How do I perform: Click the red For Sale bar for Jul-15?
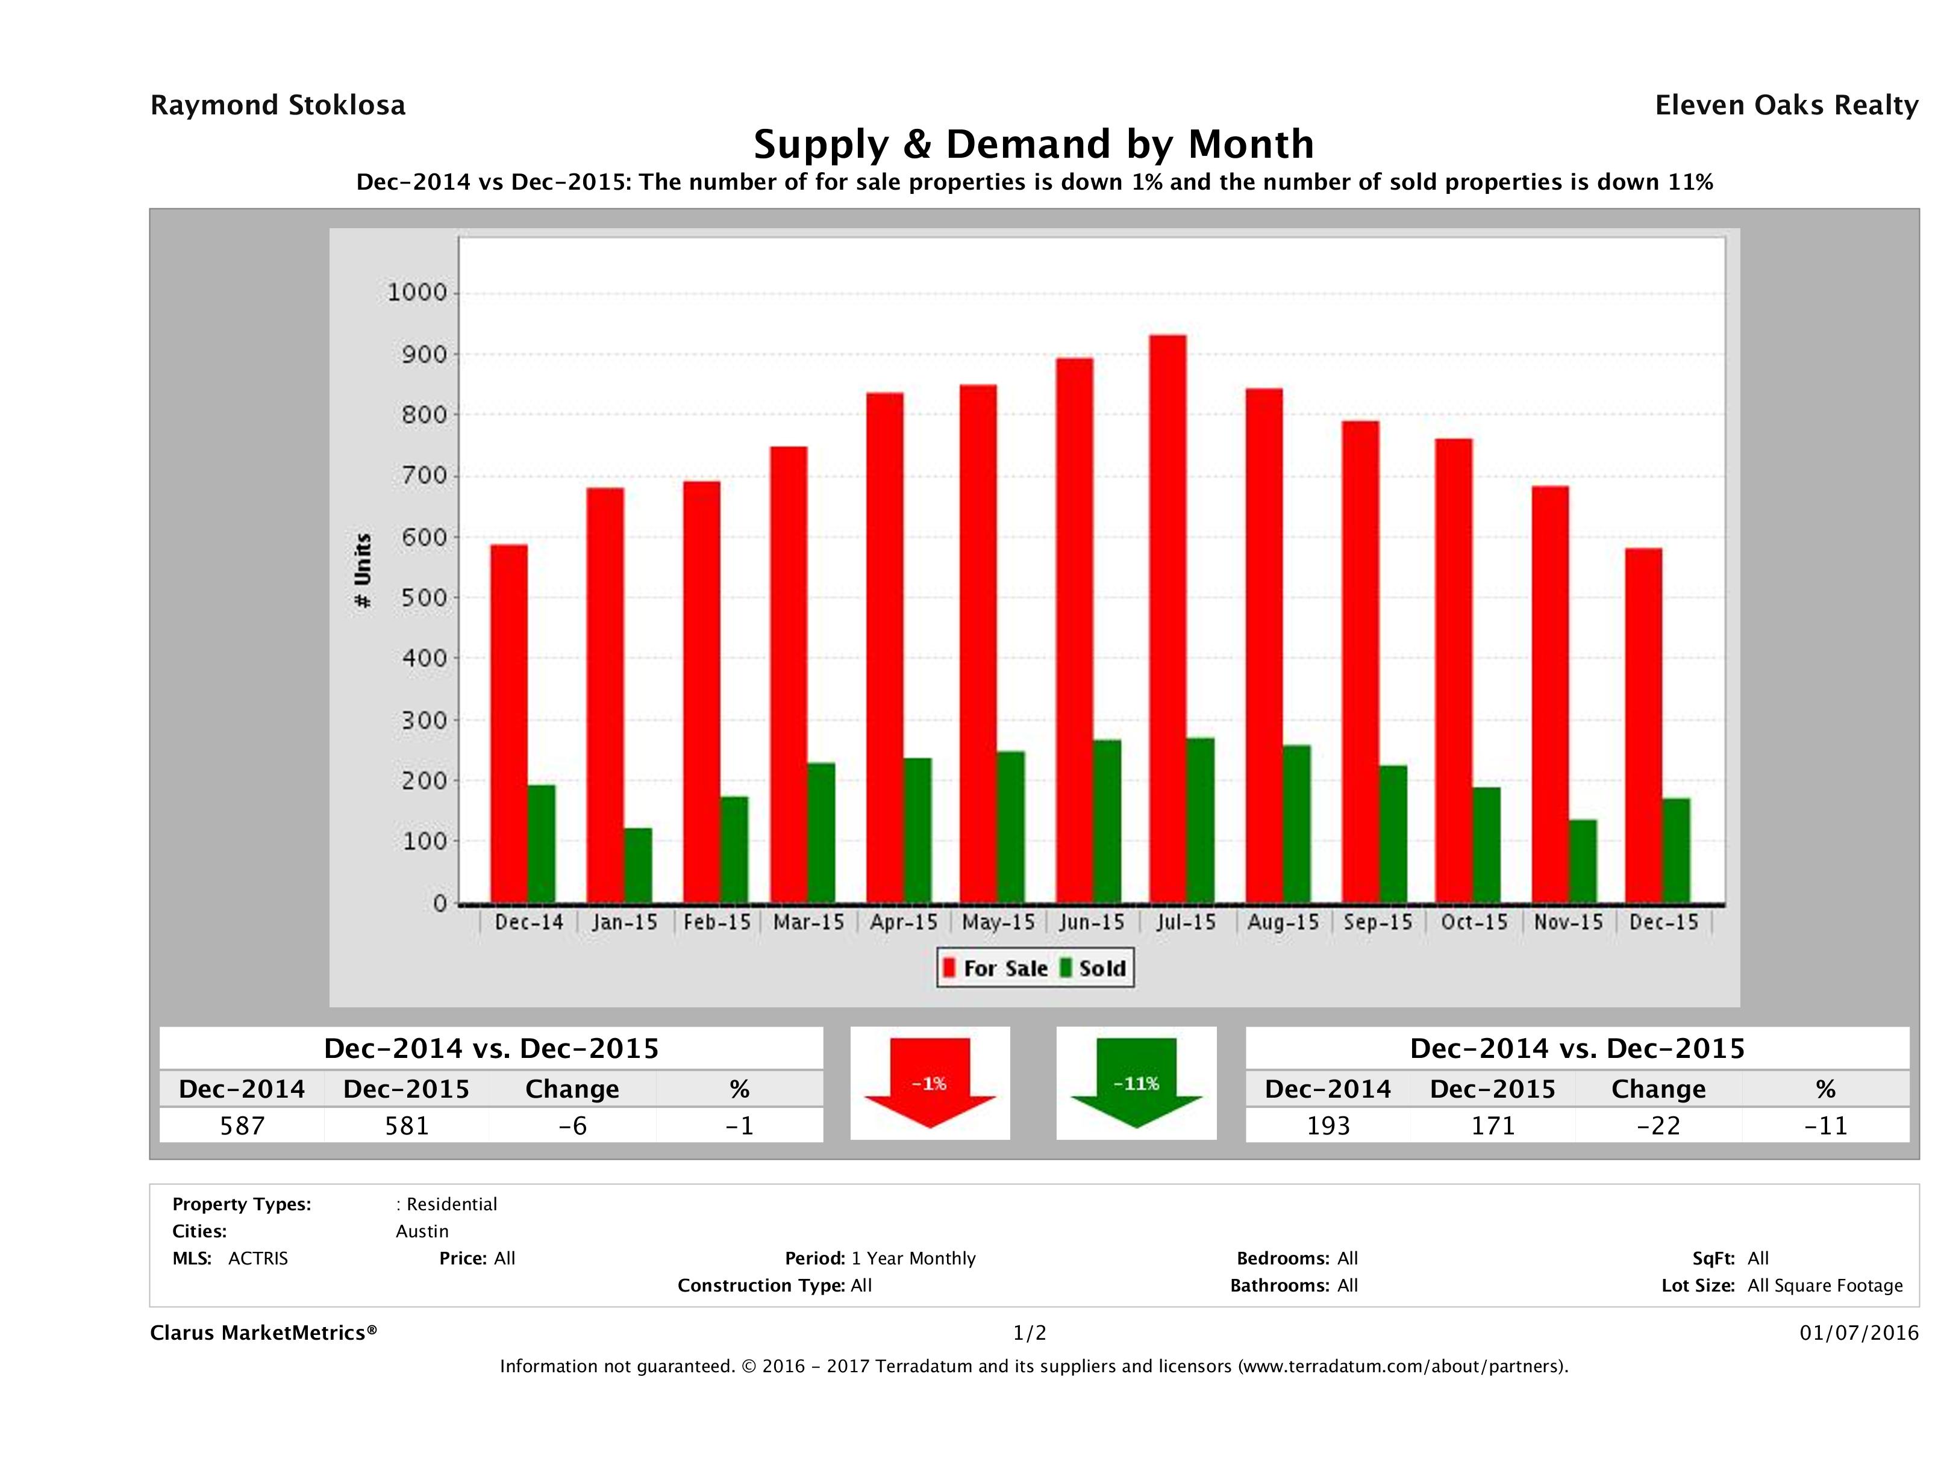[x=1167, y=620]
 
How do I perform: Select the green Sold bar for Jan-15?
[x=638, y=865]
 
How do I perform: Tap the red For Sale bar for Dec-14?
[x=509, y=724]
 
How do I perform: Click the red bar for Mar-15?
[x=789, y=674]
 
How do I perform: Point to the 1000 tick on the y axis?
[x=417, y=293]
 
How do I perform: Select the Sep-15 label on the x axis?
[x=1377, y=922]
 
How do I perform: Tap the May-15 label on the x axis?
[x=998, y=922]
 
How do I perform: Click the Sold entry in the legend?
[x=1093, y=968]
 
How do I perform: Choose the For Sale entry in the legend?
[x=996, y=968]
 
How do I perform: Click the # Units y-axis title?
[x=362, y=571]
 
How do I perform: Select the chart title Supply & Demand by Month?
[x=1034, y=144]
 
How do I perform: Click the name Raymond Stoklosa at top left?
[x=278, y=105]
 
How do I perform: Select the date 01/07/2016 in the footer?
[x=1858, y=1333]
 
